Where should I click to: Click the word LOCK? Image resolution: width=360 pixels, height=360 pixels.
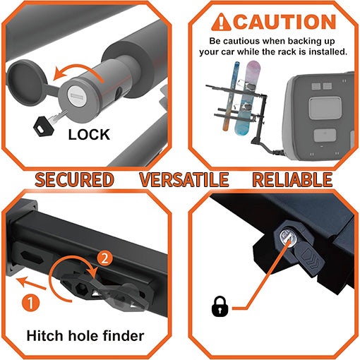pos(89,133)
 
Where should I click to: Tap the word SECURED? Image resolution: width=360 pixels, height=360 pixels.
pos(73,179)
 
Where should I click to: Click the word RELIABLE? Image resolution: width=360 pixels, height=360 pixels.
pos(292,179)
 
